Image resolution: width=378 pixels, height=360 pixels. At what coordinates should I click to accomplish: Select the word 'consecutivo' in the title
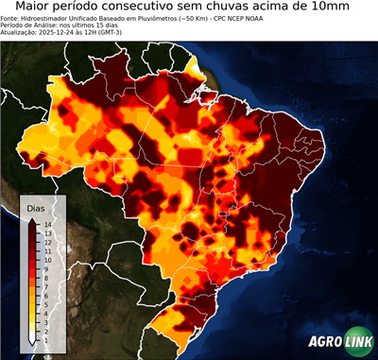(176, 9)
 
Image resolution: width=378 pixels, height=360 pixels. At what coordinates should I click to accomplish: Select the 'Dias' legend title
(37, 207)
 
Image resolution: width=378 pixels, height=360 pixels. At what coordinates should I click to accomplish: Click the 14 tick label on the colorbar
(46, 224)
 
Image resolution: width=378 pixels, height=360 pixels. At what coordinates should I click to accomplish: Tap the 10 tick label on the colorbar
(46, 256)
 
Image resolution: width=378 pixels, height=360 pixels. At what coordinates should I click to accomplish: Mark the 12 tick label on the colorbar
(46, 240)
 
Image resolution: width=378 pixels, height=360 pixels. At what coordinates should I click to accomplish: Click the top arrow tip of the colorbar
(33, 219)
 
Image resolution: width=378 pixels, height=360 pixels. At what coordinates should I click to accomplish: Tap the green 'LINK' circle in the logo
(357, 342)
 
